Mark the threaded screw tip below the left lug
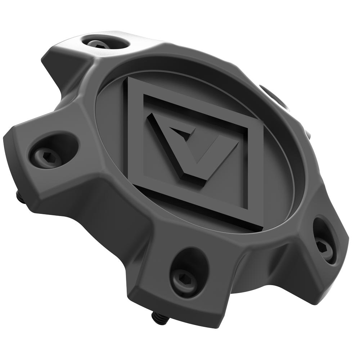coord(19,195)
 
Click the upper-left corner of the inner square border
coord(144,95)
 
